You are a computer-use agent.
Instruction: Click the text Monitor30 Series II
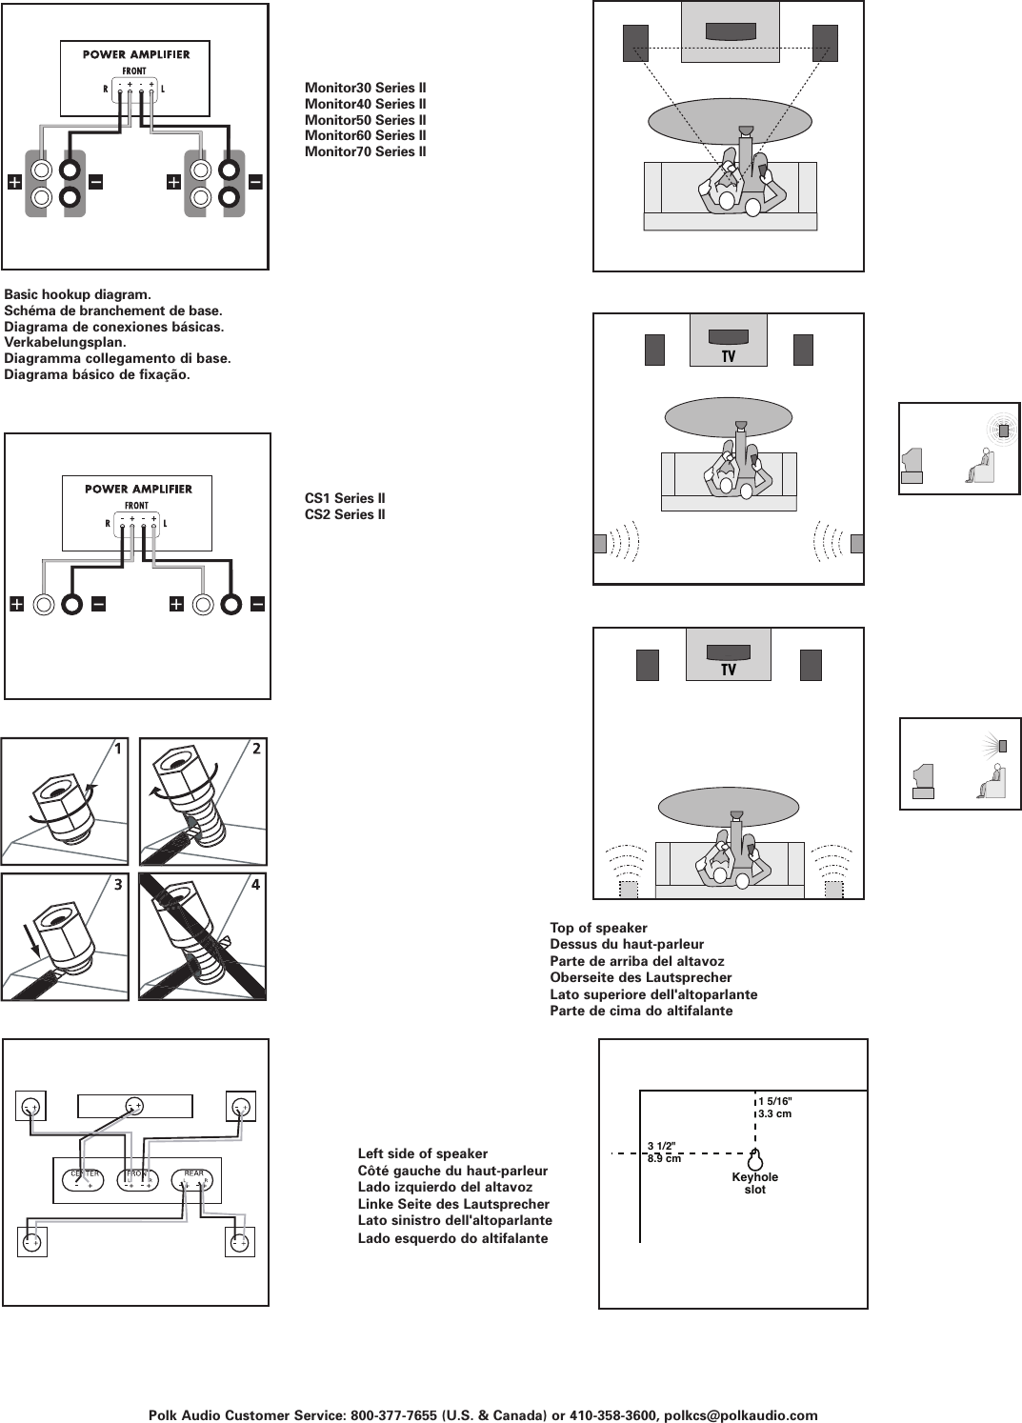click(365, 89)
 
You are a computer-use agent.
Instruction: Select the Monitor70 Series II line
click(365, 151)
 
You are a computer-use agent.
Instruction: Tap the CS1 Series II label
click(345, 498)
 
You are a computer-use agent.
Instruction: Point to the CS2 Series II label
click(345, 514)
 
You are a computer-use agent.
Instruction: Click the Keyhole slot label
click(754, 1183)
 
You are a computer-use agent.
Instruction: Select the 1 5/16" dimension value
click(775, 1101)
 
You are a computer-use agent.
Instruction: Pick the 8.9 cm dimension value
click(664, 1159)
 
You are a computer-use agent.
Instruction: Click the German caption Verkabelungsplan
click(65, 342)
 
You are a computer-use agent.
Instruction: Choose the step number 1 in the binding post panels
click(117, 749)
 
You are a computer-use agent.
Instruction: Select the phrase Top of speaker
click(598, 928)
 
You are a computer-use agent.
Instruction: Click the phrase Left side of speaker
click(422, 1153)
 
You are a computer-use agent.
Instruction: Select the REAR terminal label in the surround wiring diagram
click(193, 1173)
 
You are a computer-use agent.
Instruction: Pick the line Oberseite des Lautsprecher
click(640, 977)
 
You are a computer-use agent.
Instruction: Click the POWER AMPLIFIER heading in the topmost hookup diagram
click(136, 54)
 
